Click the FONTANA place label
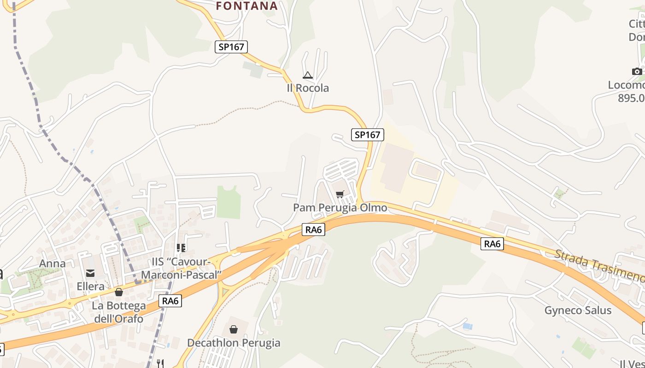tap(247, 6)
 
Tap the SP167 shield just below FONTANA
tap(231, 46)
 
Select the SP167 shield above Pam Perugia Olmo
tap(367, 134)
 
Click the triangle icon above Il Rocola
tap(308, 75)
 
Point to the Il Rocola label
tap(308, 88)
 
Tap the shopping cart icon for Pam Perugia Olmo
tap(340, 194)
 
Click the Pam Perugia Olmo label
tap(340, 208)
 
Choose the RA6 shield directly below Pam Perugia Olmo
tap(313, 230)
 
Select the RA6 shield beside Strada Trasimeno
tap(492, 244)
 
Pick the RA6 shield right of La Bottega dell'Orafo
tap(170, 301)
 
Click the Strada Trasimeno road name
tap(599, 265)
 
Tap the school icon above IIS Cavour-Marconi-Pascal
tap(181, 248)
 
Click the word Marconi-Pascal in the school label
tap(182, 275)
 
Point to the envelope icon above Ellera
tap(90, 273)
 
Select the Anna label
tap(53, 264)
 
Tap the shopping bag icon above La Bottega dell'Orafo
tap(119, 292)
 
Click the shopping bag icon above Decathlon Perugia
tap(234, 329)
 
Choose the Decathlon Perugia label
tap(234, 343)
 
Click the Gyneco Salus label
tap(578, 310)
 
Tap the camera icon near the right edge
tap(637, 71)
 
